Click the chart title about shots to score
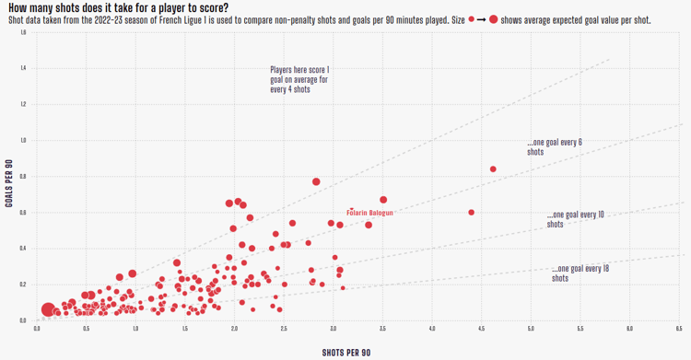(118, 7)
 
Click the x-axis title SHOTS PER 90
(345, 353)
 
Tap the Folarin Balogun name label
(369, 213)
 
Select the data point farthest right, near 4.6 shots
(493, 169)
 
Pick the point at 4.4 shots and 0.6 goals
(472, 213)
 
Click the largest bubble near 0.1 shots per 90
(48, 310)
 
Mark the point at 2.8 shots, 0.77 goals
(316, 182)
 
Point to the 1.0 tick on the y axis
(23, 141)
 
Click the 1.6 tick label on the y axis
(23, 32)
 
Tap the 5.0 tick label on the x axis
(531, 328)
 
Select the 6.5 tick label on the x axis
(679, 328)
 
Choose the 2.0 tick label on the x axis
(234, 328)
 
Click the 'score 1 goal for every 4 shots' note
(299, 79)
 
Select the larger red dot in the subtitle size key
(494, 19)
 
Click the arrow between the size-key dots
(482, 19)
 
